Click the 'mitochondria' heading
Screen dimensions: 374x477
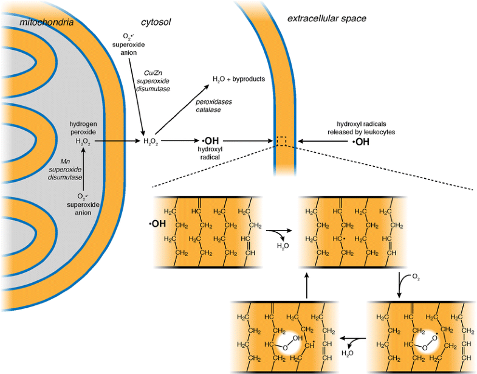click(x=46, y=23)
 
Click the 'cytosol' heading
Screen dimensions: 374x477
click(x=156, y=22)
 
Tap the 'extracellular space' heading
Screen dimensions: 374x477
click(x=326, y=18)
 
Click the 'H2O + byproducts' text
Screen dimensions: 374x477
click(x=239, y=79)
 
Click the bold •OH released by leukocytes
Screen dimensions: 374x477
click(x=360, y=142)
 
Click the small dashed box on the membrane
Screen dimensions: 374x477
click(x=281, y=141)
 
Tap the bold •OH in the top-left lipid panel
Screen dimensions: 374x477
click(x=157, y=224)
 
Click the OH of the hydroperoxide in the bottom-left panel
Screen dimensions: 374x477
click(x=297, y=338)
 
